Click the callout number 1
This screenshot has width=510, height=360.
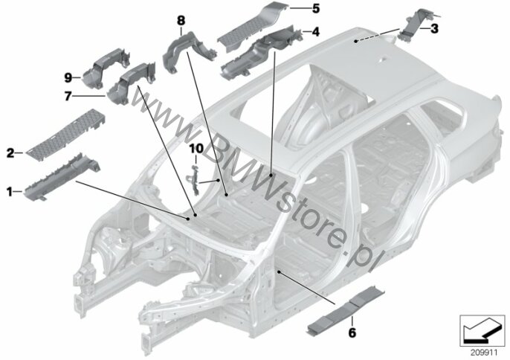tap(10, 192)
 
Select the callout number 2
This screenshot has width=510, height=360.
tap(10, 152)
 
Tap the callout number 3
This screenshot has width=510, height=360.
tap(434, 29)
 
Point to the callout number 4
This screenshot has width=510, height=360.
tap(315, 32)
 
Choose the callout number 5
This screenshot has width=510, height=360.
tap(315, 8)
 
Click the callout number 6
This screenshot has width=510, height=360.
tap(352, 332)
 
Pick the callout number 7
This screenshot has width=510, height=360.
tap(68, 97)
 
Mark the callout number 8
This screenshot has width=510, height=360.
tap(181, 21)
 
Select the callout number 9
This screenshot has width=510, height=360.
tap(68, 78)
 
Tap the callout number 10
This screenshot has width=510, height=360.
tap(196, 149)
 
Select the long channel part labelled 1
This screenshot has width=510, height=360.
tap(62, 176)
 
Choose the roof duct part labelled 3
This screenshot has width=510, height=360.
tap(419, 26)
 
